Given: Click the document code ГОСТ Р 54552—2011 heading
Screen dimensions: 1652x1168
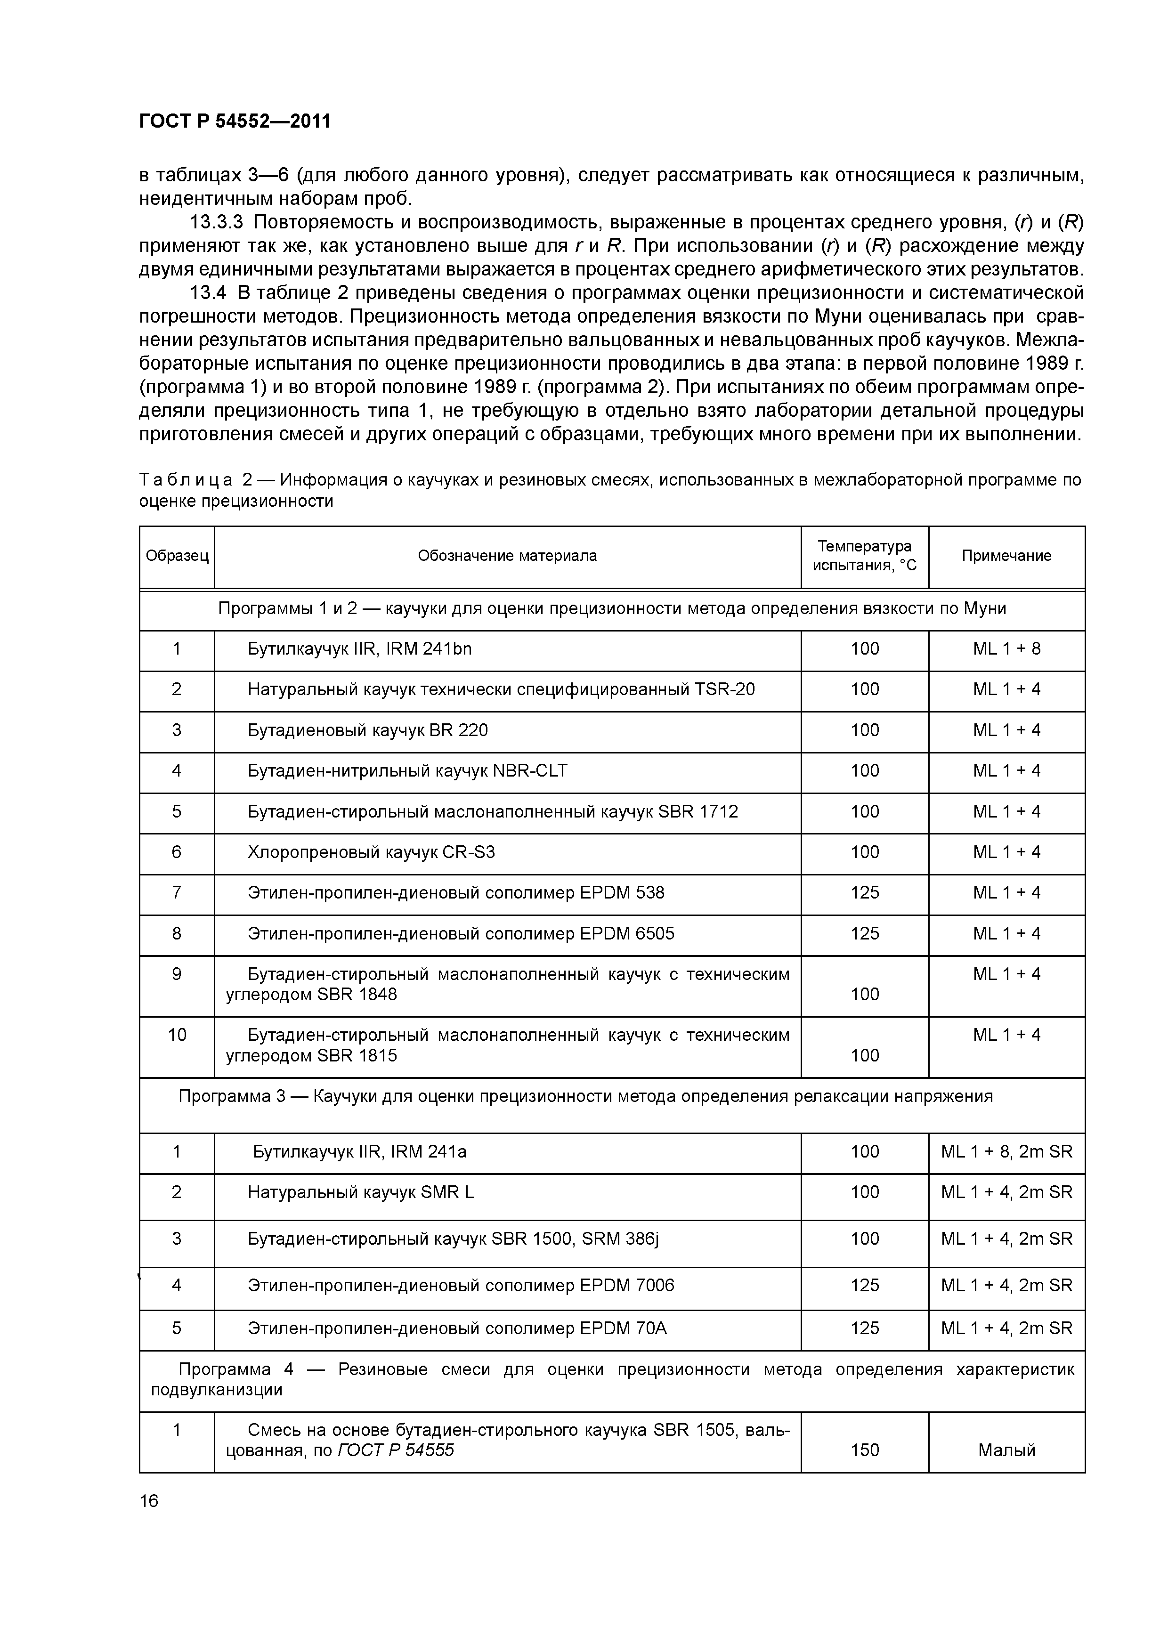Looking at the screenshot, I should pos(235,121).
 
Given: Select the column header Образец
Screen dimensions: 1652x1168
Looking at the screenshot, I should pos(177,556).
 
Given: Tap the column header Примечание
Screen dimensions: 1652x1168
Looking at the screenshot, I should pos(1006,556).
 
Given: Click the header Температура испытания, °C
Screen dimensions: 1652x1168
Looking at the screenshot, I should pos(864,556).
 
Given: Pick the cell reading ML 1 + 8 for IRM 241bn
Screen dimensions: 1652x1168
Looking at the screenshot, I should pos(1006,649).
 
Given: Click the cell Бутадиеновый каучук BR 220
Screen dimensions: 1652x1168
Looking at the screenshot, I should pos(368,730).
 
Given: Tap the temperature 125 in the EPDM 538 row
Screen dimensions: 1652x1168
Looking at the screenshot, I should pos(864,893).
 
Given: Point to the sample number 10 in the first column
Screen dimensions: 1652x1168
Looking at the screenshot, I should pos(177,1036).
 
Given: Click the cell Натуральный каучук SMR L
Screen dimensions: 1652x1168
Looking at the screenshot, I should pos(361,1193).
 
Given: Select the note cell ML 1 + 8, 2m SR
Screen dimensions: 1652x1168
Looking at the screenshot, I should pos(1006,1152).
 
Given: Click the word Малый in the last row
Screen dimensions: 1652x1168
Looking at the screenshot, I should pos(1006,1450).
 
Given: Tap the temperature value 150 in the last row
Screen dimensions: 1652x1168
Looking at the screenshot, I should pos(864,1450).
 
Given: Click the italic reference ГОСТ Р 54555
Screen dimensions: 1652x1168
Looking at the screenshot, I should pos(395,1450).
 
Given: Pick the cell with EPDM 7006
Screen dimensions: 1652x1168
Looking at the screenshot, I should pos(461,1286).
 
